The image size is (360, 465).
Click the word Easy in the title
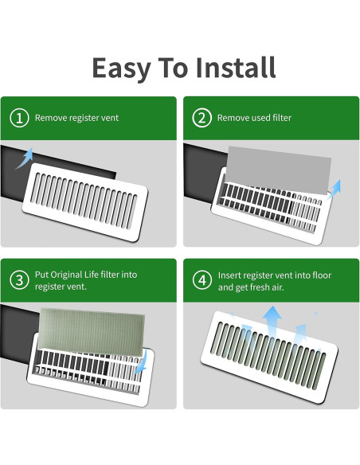coord(120,68)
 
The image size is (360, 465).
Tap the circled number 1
coord(19,118)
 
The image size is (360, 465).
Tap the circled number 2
coord(201,118)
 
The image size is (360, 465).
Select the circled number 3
coord(19,280)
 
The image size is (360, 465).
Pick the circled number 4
coord(201,280)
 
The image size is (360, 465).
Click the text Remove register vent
coord(76,118)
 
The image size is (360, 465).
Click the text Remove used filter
coord(254,118)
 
